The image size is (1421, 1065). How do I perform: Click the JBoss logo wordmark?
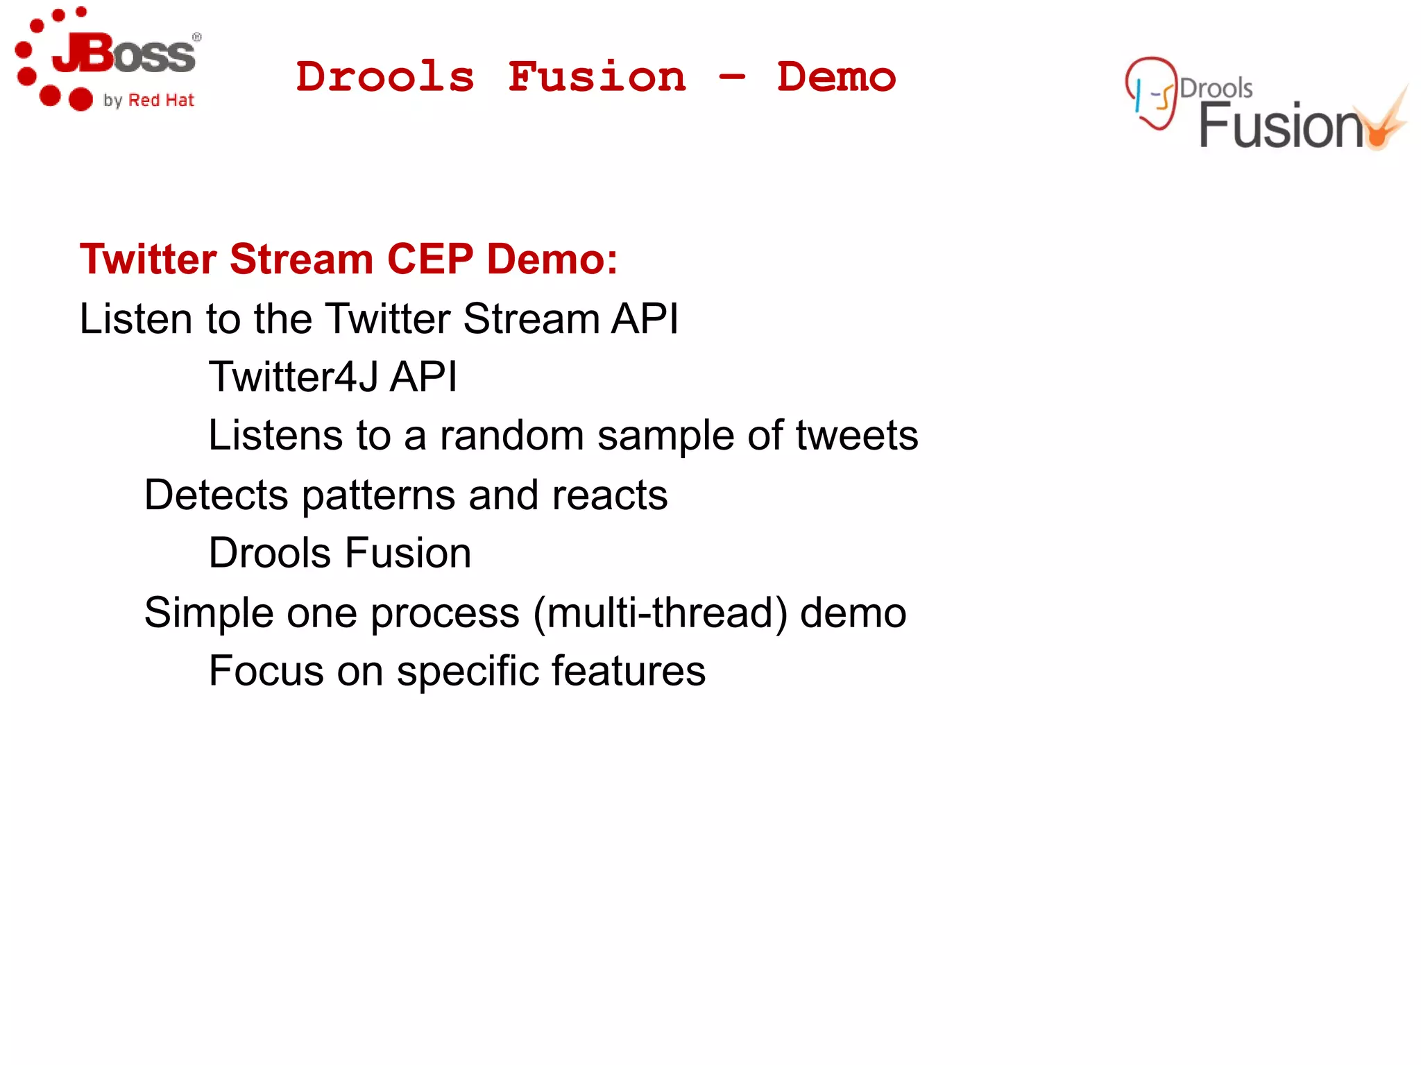pyautogui.click(x=125, y=54)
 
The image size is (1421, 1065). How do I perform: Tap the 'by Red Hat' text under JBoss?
pyautogui.click(x=148, y=101)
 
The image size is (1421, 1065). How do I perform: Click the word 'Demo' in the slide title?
pyautogui.click(x=836, y=76)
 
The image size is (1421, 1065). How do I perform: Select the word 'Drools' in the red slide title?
pyautogui.click(x=385, y=76)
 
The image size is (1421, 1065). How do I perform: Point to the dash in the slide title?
pyautogui.click(x=732, y=76)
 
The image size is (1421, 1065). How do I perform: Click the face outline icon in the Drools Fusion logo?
pyautogui.click(x=1152, y=94)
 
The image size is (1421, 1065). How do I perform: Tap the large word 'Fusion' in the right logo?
pyautogui.click(x=1280, y=126)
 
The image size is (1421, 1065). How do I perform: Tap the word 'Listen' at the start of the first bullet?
pyautogui.click(x=135, y=319)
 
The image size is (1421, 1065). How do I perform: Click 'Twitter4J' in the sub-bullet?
pyautogui.click(x=293, y=377)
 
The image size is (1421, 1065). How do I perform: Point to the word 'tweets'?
pyautogui.click(x=856, y=436)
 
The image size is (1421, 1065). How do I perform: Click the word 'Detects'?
pyautogui.click(x=216, y=495)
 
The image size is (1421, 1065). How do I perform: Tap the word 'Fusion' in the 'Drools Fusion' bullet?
pyautogui.click(x=408, y=554)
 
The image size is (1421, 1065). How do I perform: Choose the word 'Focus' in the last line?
pyautogui.click(x=266, y=672)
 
